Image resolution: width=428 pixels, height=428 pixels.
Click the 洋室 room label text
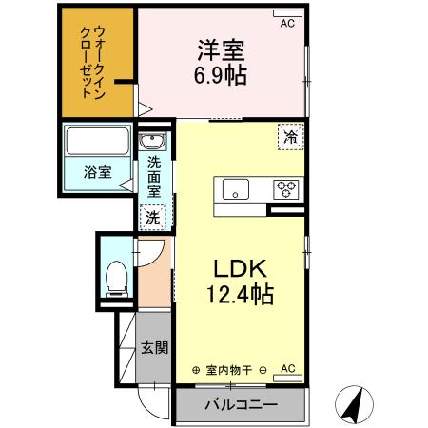[223, 48]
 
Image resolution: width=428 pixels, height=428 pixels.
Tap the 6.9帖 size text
[223, 75]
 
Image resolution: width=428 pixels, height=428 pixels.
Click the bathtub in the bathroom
[96, 143]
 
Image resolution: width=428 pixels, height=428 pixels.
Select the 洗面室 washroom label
[153, 177]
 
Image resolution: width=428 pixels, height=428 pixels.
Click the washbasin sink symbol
[152, 144]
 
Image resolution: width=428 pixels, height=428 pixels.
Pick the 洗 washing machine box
[152, 218]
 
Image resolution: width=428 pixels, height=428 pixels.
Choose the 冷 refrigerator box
[290, 136]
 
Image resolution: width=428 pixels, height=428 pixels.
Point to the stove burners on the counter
[286, 188]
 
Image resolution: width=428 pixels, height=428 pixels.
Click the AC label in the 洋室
[285, 26]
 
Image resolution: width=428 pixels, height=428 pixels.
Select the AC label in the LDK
[288, 367]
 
